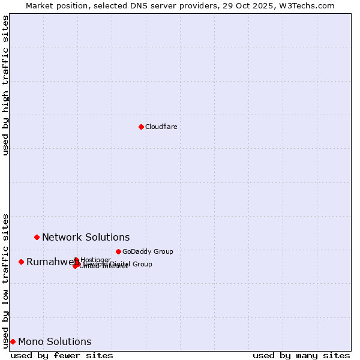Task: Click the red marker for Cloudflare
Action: click(141, 127)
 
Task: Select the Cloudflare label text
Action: click(161, 127)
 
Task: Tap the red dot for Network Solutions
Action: click(37, 237)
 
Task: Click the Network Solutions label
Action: click(86, 237)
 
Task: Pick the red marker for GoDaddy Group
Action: click(118, 251)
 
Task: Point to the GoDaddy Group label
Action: click(148, 251)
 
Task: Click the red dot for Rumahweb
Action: click(21, 262)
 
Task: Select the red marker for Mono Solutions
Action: click(13, 341)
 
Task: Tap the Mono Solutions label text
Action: click(55, 342)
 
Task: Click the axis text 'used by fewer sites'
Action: click(62, 355)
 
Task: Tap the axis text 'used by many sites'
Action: click(301, 355)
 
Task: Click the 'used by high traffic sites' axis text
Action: click(5, 85)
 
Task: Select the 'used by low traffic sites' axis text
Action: click(5, 280)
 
